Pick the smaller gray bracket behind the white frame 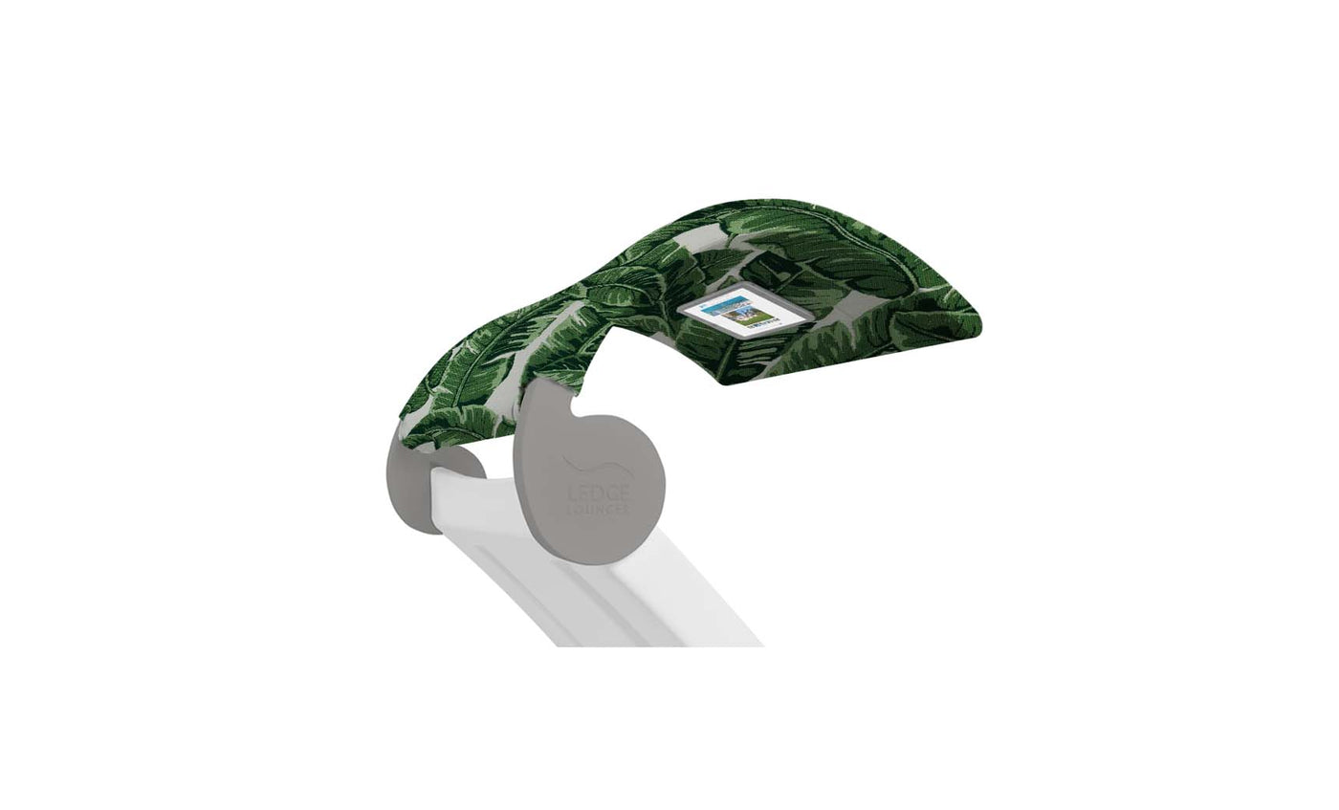411,488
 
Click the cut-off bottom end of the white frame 660,643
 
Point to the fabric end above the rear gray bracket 430,430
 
